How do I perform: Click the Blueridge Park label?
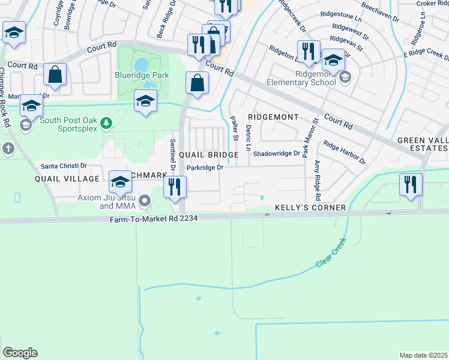pyautogui.click(x=142, y=76)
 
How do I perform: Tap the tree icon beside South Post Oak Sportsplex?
pyautogui.click(x=106, y=123)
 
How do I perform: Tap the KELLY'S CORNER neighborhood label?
pyautogui.click(x=310, y=208)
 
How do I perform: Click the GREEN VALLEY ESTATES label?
pyautogui.click(x=423, y=145)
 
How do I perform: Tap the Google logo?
pyautogui.click(x=20, y=352)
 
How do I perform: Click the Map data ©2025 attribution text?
pyautogui.click(x=423, y=355)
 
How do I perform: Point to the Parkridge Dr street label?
pyautogui.click(x=205, y=168)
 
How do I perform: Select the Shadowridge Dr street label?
pyautogui.click(x=276, y=154)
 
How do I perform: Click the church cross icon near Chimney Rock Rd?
pyautogui.click(x=7, y=148)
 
